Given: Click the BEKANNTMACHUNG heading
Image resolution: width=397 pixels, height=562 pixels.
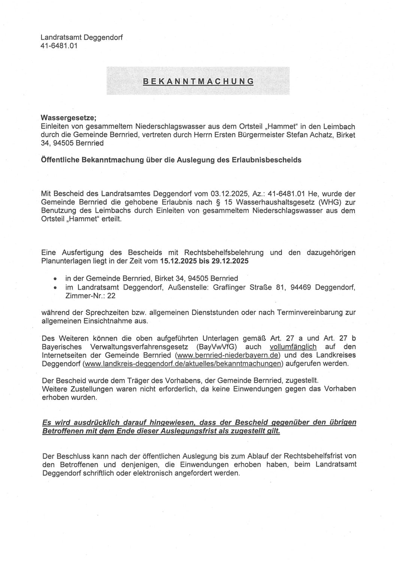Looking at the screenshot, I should coord(198,81).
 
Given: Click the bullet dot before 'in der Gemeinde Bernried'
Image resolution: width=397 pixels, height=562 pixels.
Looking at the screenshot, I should coord(55,279).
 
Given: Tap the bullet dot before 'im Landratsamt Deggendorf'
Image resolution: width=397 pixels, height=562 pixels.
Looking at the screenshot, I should coord(55,288).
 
